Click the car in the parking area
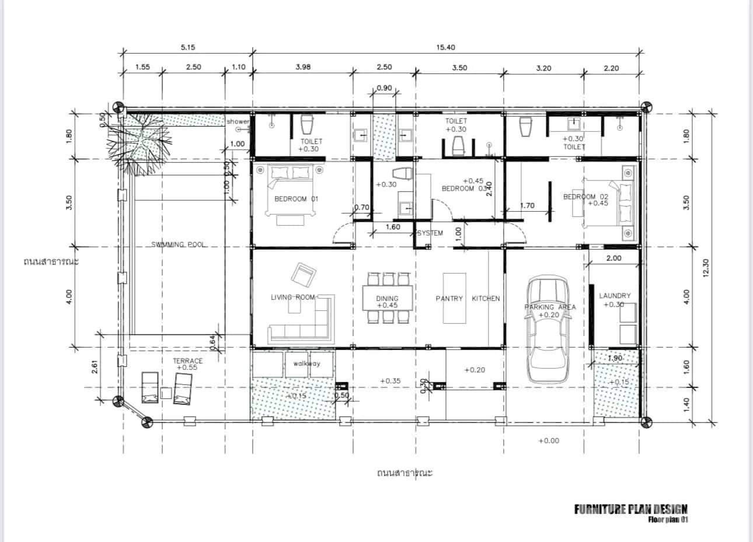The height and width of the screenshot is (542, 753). [548, 330]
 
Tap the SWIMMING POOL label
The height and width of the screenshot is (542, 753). [179, 244]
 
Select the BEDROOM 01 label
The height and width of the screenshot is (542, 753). [296, 199]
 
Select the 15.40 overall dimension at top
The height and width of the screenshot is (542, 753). [445, 47]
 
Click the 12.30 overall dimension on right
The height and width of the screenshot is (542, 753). [706, 267]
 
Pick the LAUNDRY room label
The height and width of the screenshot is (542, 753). [615, 296]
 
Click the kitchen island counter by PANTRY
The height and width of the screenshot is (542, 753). [454, 298]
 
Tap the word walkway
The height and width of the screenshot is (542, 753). [306, 363]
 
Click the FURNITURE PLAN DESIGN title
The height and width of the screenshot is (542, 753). [630, 509]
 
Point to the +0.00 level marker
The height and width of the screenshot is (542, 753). [549, 440]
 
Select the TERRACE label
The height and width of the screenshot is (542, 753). [187, 361]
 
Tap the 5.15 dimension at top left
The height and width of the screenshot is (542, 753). [187, 47]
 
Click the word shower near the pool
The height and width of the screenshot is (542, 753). [238, 121]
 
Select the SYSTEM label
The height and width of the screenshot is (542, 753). [430, 233]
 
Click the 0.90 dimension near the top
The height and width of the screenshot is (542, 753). [384, 88]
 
